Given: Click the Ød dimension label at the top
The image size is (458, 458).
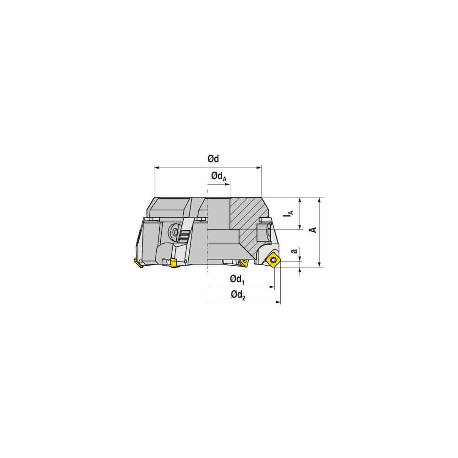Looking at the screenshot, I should pyautogui.click(x=213, y=159).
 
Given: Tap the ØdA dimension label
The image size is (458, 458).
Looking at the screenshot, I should pyautogui.click(x=218, y=176).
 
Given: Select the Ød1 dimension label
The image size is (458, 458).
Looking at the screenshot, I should pyautogui.click(x=237, y=279).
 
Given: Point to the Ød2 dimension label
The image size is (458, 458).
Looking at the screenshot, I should pyautogui.click(x=238, y=295).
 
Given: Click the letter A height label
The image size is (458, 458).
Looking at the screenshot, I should pyautogui.click(x=314, y=229).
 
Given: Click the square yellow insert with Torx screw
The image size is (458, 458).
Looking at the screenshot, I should pyautogui.click(x=273, y=260).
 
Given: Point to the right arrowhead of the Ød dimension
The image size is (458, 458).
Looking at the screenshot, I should pyautogui.click(x=259, y=168).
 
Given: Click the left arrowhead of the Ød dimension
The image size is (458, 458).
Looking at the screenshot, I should pyautogui.click(x=157, y=168).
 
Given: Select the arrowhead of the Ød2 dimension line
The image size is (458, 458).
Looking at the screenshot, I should pyautogui.click(x=278, y=302).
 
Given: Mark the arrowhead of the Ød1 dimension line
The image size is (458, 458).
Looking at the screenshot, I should pyautogui.click(x=272, y=287).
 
